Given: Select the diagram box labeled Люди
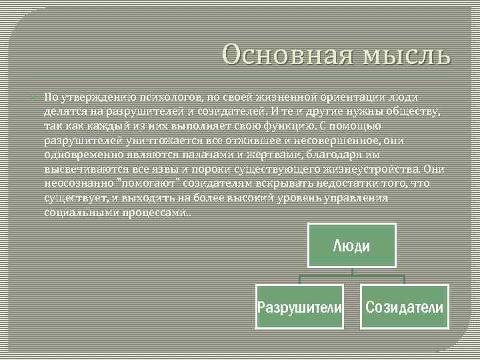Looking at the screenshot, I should pos(351,246).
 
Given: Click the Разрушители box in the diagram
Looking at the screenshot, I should pos(300,307).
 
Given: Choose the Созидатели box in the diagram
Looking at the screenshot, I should pos(404,307).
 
